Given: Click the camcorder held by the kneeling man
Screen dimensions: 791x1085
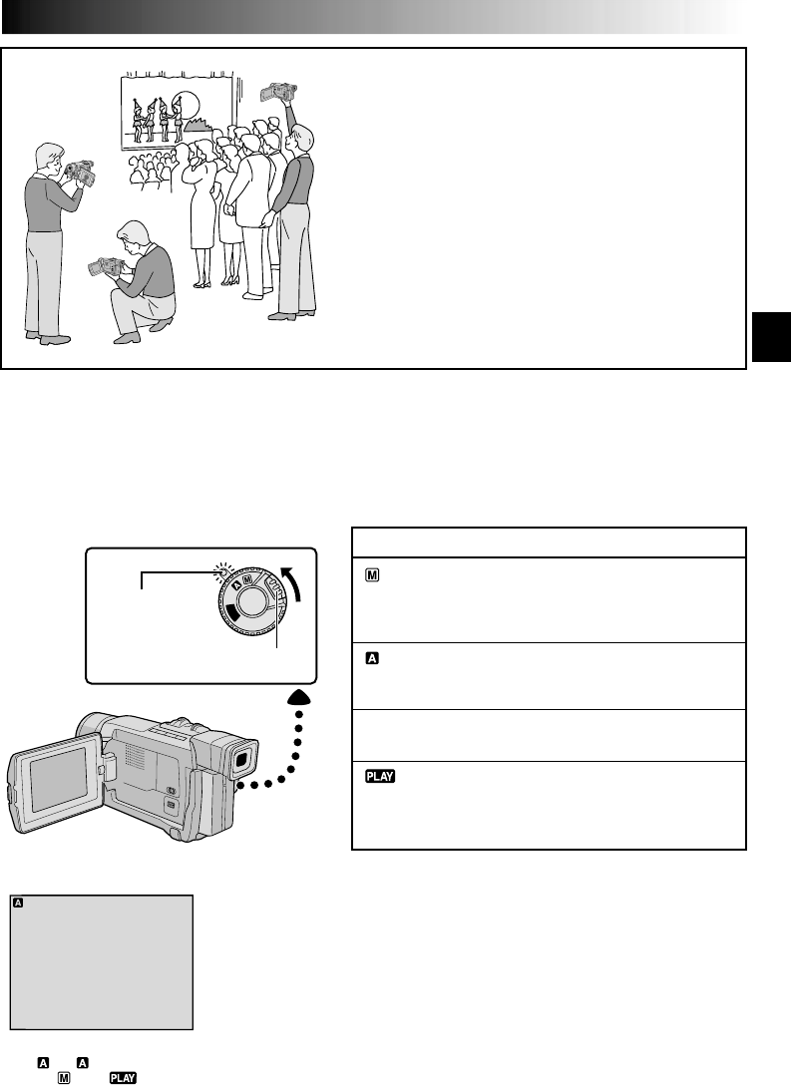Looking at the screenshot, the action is (105, 267).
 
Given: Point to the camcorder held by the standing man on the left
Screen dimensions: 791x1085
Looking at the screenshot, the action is (78, 173).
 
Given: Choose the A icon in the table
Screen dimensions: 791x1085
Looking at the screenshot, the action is (365, 658).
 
